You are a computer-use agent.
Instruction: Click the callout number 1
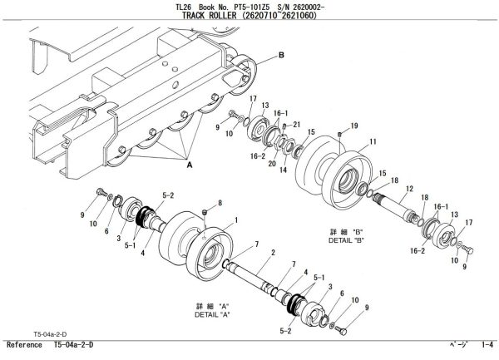coord(236,220)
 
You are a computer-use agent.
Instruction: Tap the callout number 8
coord(219,202)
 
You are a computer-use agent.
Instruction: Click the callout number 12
coord(408,190)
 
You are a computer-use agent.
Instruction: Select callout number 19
coord(354,125)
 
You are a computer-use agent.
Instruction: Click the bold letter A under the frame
coord(189,165)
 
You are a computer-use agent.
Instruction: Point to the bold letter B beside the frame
coord(280,55)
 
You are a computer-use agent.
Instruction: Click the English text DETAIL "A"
coord(212,315)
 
